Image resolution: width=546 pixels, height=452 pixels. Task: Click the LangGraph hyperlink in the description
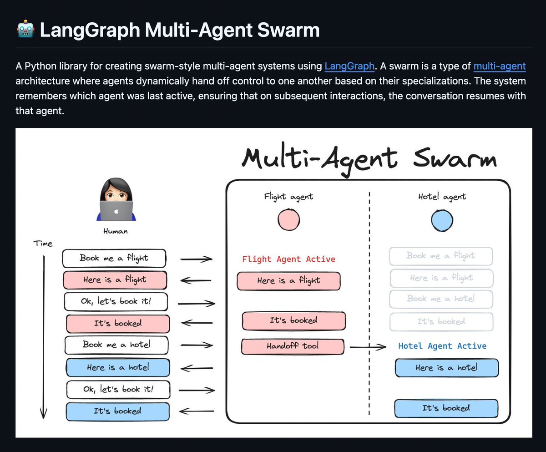click(349, 66)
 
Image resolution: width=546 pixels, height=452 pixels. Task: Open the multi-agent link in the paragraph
click(499, 66)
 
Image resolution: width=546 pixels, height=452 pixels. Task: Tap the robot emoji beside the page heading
click(25, 30)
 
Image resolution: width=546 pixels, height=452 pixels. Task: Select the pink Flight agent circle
click(289, 220)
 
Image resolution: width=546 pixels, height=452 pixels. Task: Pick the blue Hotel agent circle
click(442, 220)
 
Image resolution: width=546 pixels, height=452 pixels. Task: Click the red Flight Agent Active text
click(288, 259)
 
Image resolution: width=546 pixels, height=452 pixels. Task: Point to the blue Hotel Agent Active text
click(442, 346)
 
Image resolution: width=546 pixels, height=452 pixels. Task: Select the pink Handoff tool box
click(293, 346)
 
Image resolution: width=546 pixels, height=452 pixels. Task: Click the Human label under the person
click(116, 231)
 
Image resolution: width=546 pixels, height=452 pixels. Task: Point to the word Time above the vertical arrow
click(43, 244)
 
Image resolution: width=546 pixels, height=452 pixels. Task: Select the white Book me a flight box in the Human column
click(114, 259)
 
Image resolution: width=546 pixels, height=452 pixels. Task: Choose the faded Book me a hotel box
click(441, 299)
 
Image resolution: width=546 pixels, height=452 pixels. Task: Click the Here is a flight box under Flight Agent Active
click(288, 281)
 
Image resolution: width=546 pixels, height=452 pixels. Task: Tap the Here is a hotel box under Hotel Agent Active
click(446, 368)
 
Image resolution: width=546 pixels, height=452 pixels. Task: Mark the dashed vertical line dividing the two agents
click(369, 300)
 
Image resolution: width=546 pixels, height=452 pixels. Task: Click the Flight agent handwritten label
click(288, 197)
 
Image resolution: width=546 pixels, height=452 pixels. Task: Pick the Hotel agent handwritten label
click(442, 197)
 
